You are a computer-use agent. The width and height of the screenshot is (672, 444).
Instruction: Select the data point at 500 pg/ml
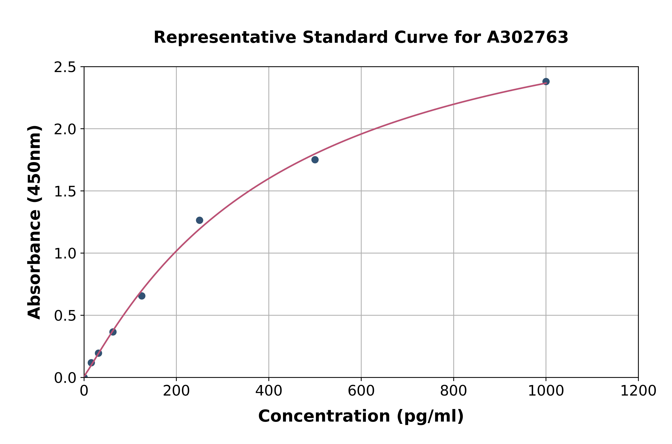click(x=315, y=160)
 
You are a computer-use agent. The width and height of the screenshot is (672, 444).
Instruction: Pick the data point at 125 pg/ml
click(x=142, y=296)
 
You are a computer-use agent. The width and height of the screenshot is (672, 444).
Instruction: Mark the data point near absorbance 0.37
click(x=113, y=332)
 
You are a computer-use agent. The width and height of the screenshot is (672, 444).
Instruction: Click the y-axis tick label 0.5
click(x=65, y=316)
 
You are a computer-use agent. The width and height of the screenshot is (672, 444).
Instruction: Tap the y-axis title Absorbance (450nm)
click(x=34, y=222)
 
